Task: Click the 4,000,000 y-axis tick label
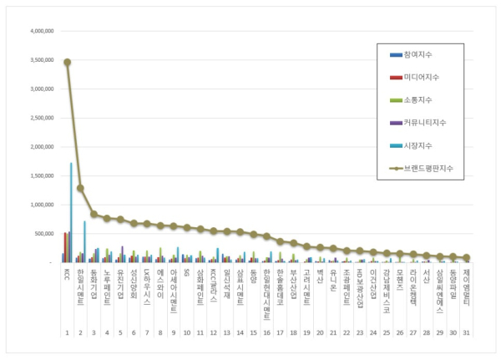[42, 31]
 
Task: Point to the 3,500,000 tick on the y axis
[42, 60]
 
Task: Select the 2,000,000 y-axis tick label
[42, 147]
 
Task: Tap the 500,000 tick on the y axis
[43, 234]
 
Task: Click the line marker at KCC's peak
[67, 62]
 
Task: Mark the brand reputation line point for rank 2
[80, 188]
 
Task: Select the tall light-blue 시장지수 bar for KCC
[71, 213]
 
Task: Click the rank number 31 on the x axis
[467, 332]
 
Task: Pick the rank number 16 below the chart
[266, 332]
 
